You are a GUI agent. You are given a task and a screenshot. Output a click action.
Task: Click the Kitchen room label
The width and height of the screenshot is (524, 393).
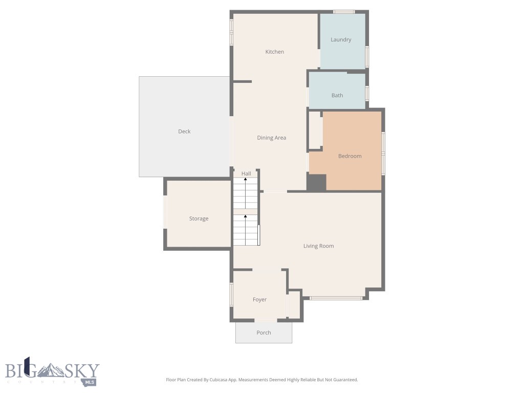click(x=274, y=52)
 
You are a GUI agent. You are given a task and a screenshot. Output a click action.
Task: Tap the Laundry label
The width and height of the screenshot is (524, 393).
click(x=341, y=40)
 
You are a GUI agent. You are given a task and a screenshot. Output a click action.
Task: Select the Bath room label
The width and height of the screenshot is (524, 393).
click(x=337, y=95)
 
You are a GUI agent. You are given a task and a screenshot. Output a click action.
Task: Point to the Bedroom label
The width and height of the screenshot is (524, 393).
click(x=350, y=156)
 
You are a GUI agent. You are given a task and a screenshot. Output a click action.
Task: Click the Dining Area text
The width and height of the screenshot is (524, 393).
click(x=271, y=138)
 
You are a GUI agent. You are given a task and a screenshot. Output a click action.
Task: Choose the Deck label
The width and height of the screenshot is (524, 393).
click(x=184, y=132)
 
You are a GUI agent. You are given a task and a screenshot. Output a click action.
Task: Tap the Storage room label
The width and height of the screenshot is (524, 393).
click(x=199, y=219)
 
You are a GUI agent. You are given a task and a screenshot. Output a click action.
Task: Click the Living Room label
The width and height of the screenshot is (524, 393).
click(x=318, y=246)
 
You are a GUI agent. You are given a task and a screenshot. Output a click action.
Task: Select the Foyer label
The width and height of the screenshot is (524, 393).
click(x=259, y=299)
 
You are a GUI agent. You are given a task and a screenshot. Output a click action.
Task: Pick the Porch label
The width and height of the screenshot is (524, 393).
click(x=264, y=333)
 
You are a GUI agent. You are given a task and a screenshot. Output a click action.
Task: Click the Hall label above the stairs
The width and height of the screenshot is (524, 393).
click(x=246, y=174)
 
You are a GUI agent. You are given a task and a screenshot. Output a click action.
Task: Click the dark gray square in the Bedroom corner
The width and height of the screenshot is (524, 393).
click(x=316, y=183)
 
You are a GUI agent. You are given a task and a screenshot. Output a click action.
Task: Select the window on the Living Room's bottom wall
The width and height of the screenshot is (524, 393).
click(x=336, y=298)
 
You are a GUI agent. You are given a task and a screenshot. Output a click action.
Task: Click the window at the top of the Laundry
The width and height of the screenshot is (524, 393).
click(x=344, y=11)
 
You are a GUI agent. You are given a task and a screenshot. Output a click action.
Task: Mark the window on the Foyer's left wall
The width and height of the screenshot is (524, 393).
click(x=231, y=295)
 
